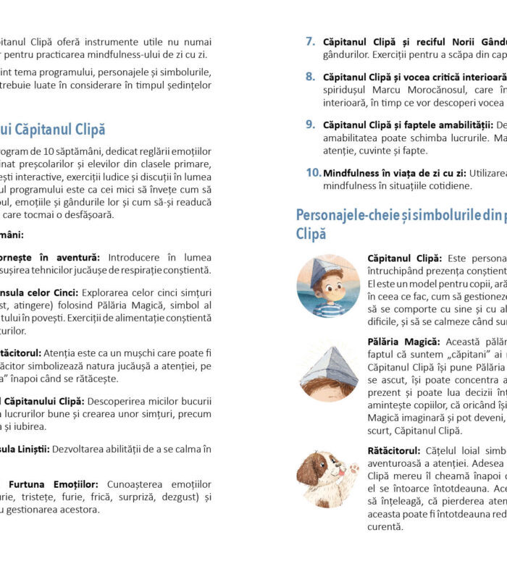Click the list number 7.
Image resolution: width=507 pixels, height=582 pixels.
pos(310,42)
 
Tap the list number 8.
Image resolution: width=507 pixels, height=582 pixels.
pos(310,76)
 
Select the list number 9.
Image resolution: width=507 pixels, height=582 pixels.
pos(310,125)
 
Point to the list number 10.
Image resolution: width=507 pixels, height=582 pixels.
pos(313,172)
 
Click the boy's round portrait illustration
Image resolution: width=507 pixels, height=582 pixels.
pos(328,285)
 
